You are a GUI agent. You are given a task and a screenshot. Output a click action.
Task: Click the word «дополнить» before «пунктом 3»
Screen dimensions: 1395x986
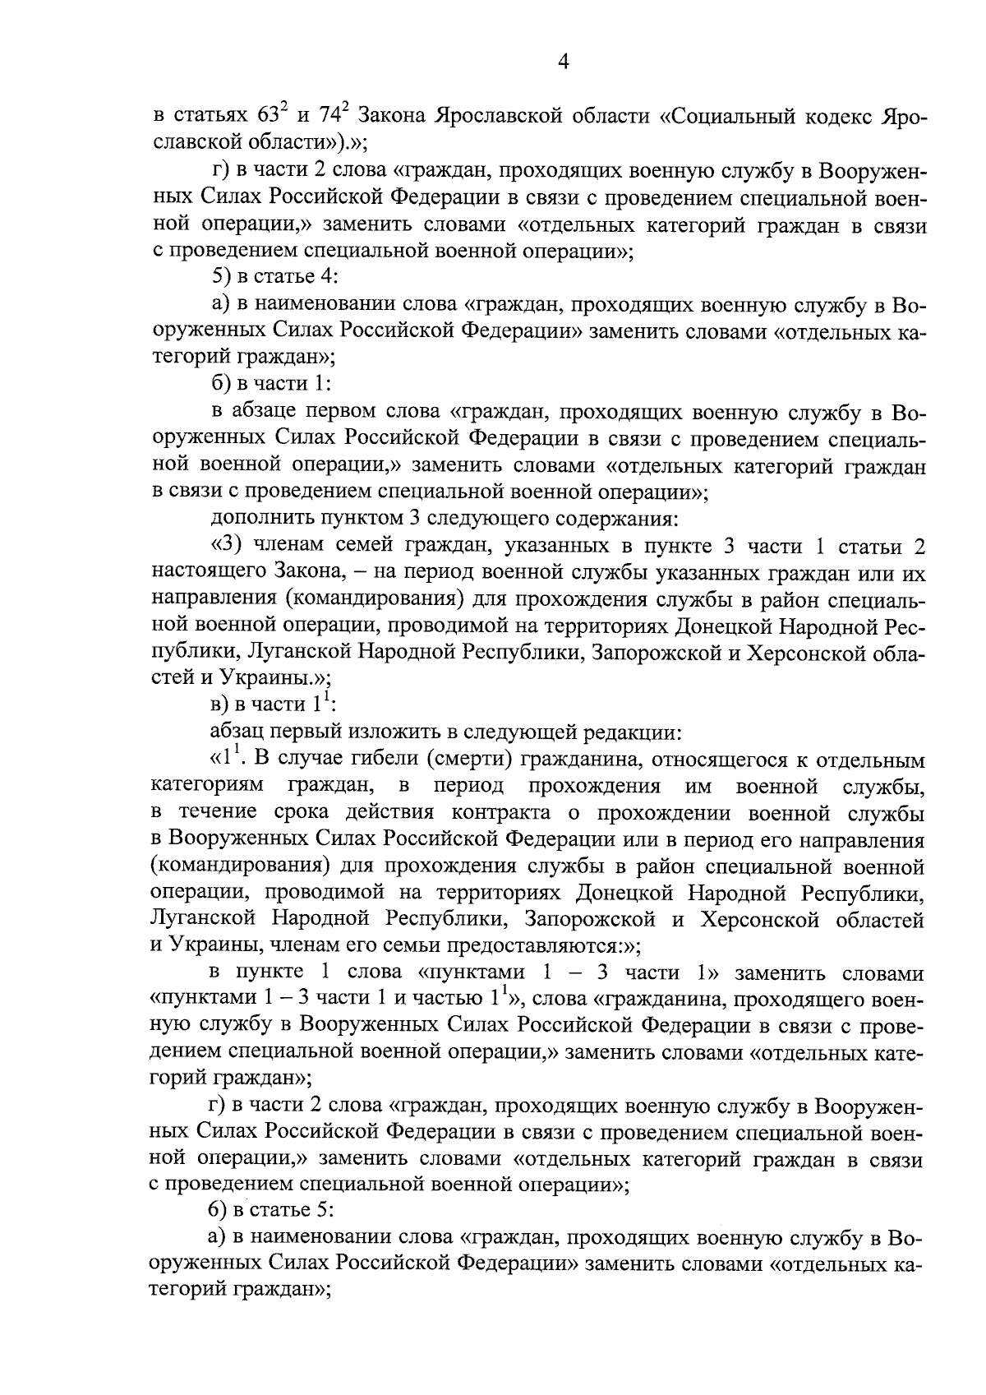(x=254, y=519)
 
